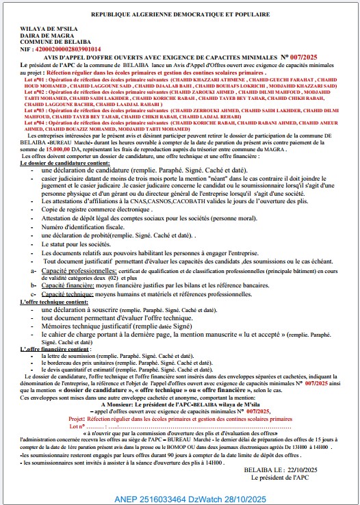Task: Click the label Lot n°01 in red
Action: (x=36, y=79)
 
